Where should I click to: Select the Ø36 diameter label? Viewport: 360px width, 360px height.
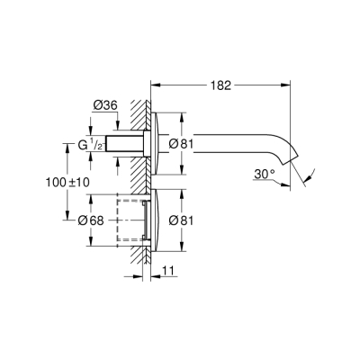[x=106, y=104]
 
